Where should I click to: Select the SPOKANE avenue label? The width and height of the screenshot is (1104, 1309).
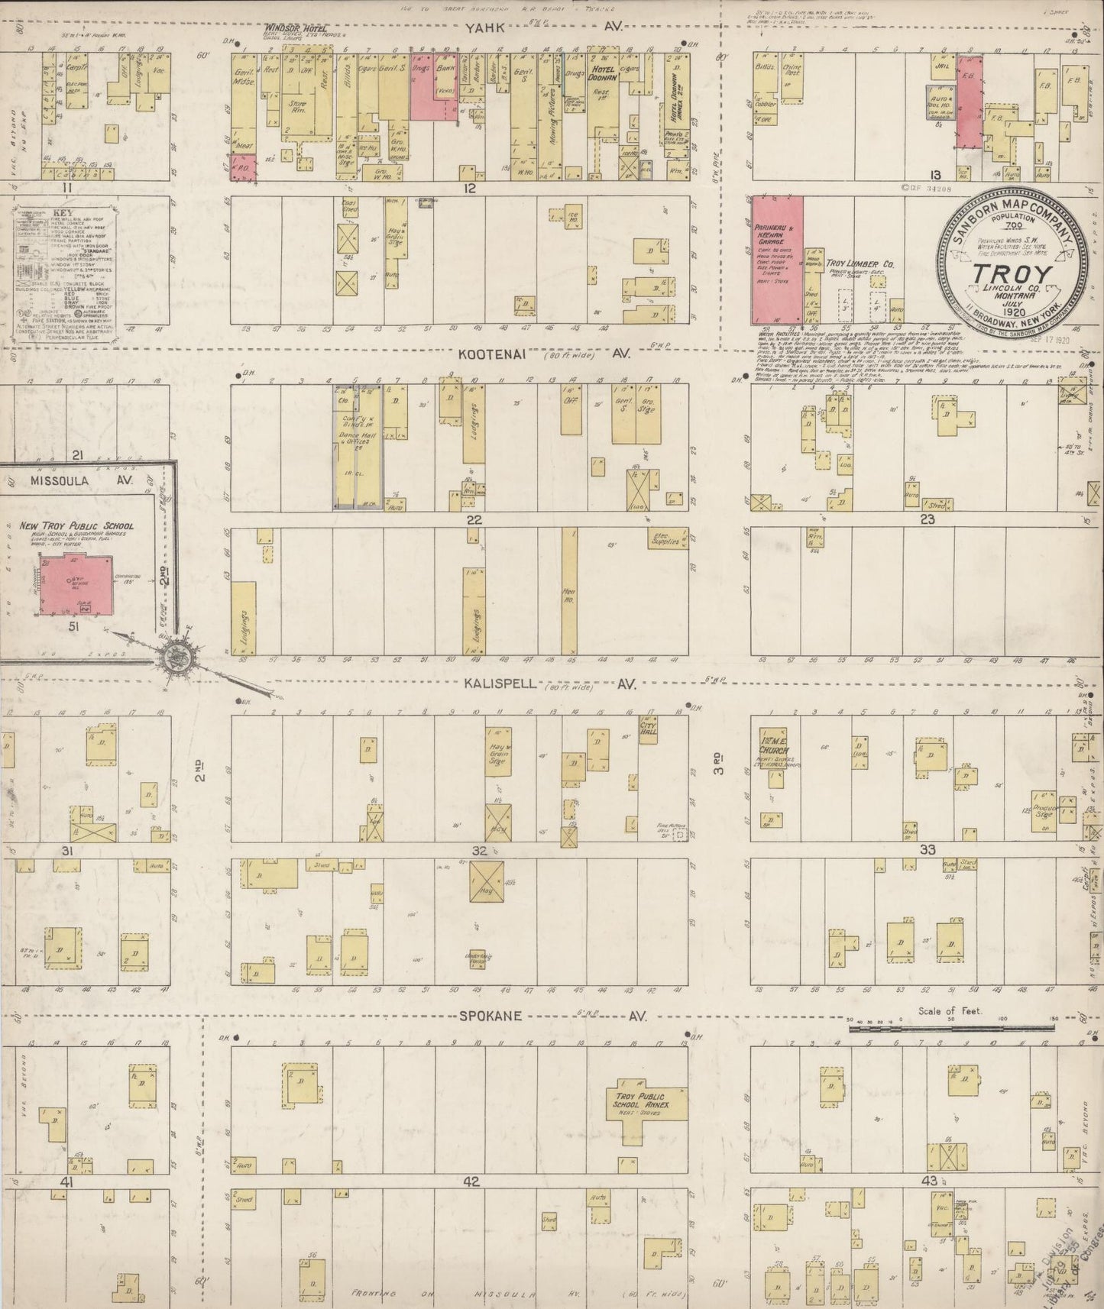[490, 1016]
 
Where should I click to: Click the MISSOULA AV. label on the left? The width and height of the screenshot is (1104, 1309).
[60, 480]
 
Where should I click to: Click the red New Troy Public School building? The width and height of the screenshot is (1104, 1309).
[76, 584]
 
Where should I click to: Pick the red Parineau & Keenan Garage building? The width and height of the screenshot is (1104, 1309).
[777, 258]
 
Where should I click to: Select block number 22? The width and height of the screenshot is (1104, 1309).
[475, 519]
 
